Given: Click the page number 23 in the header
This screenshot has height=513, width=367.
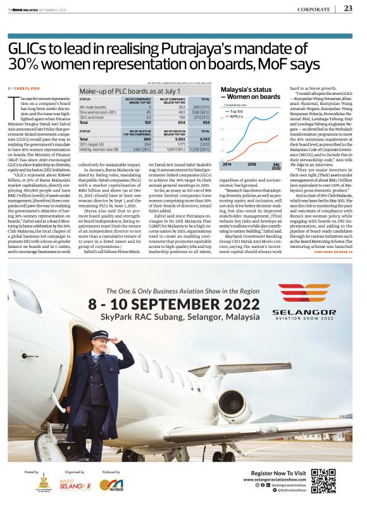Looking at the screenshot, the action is [349, 8].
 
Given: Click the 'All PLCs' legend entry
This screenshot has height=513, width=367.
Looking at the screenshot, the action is [237, 116].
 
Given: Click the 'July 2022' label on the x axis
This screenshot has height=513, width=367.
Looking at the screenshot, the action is [276, 166].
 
